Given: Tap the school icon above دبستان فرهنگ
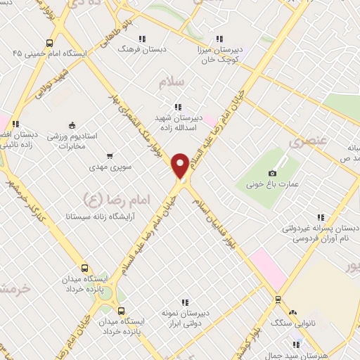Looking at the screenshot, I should (142, 39).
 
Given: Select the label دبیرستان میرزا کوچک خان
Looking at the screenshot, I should (219, 51).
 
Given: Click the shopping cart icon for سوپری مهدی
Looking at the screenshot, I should (109, 155).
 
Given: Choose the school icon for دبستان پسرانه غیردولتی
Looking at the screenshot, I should (321, 217).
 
